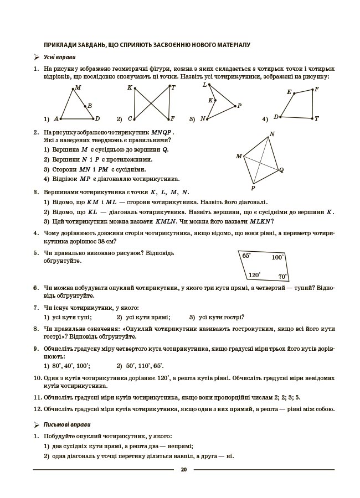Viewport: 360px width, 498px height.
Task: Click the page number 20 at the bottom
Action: point(183,470)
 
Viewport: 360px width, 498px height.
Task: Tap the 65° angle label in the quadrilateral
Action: point(246,256)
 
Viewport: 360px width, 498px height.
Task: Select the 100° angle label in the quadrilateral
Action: point(277,257)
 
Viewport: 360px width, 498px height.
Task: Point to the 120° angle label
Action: point(254,274)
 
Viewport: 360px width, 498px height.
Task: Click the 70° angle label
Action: point(282,277)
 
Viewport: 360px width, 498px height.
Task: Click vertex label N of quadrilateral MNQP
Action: point(272,134)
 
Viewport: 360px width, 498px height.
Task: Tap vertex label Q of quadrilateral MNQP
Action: point(281,170)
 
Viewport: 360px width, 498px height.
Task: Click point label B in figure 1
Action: point(90,106)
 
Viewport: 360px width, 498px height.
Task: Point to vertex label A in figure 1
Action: point(56,118)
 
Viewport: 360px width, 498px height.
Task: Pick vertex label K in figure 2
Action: point(130,88)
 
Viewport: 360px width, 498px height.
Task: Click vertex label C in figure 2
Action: point(130,118)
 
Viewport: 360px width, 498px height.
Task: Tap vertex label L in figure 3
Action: point(204,85)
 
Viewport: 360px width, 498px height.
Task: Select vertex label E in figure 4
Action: point(289,92)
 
